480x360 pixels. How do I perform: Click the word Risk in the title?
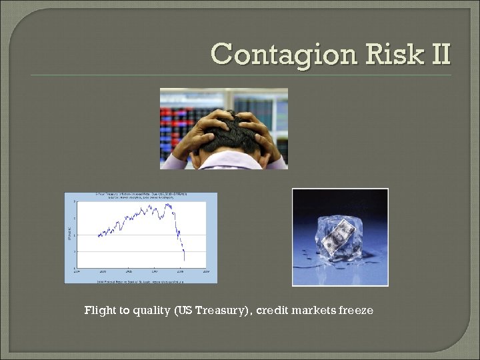coord(382,53)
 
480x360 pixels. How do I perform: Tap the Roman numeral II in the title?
coord(437,53)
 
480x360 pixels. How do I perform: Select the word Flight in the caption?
coord(99,311)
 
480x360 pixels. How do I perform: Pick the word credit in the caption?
coord(272,311)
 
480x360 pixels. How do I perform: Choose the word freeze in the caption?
coord(356,311)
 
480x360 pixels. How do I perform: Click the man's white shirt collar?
coord(223,160)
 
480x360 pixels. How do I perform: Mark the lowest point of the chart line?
coord(184,260)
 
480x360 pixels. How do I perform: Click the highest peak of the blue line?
coord(167,204)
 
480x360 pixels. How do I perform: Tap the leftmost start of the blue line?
coord(98,235)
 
